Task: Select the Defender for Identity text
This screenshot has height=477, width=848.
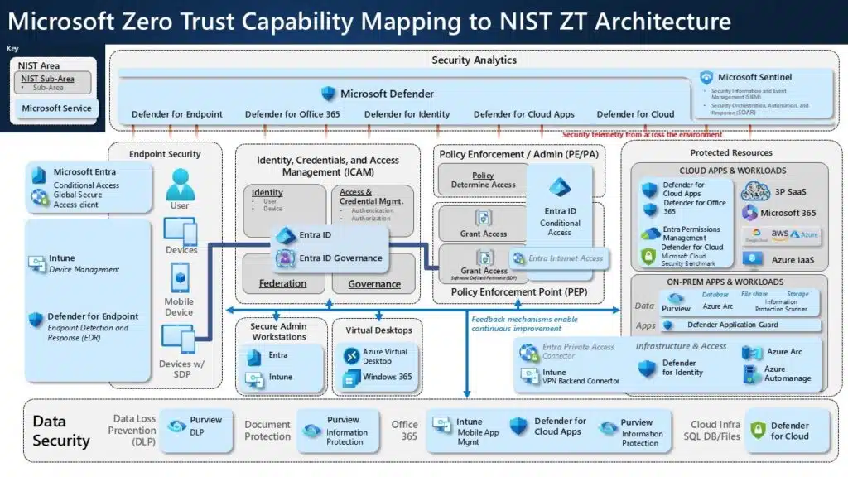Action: pos(407,114)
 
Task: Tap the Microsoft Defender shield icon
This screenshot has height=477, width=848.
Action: pos(329,94)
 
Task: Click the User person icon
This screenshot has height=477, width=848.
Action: pos(179,182)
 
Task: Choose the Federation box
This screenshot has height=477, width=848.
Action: pos(282,283)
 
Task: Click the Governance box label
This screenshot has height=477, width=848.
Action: pos(374,283)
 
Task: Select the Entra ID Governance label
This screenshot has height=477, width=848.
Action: pos(340,258)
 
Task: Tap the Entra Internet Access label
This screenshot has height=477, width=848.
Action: pos(566,258)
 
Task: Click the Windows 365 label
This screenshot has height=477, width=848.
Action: pos(387,378)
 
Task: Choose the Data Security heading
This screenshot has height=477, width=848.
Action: pos(60,431)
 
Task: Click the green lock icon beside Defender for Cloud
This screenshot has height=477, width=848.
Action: pos(758,431)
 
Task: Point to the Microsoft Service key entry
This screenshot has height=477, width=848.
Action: pos(56,108)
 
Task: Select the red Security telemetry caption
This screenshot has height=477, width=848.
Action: pos(642,134)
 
